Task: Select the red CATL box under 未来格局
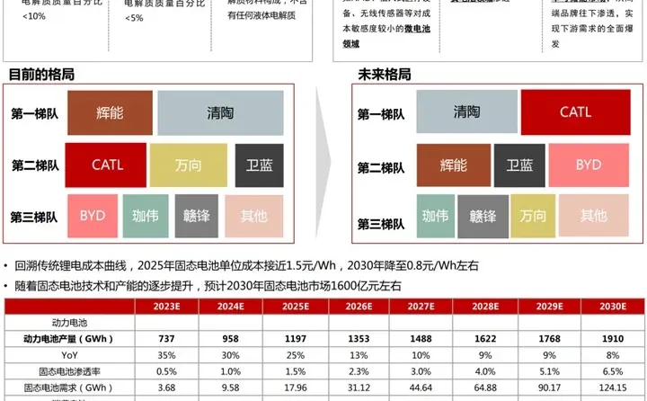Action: (575, 112)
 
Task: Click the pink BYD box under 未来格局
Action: (589, 165)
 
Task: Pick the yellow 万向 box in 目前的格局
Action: (189, 165)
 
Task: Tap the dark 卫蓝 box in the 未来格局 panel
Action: (519, 165)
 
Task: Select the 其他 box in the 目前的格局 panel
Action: (254, 216)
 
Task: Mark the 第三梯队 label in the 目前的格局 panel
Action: (35, 217)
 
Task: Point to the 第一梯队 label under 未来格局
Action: (381, 114)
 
